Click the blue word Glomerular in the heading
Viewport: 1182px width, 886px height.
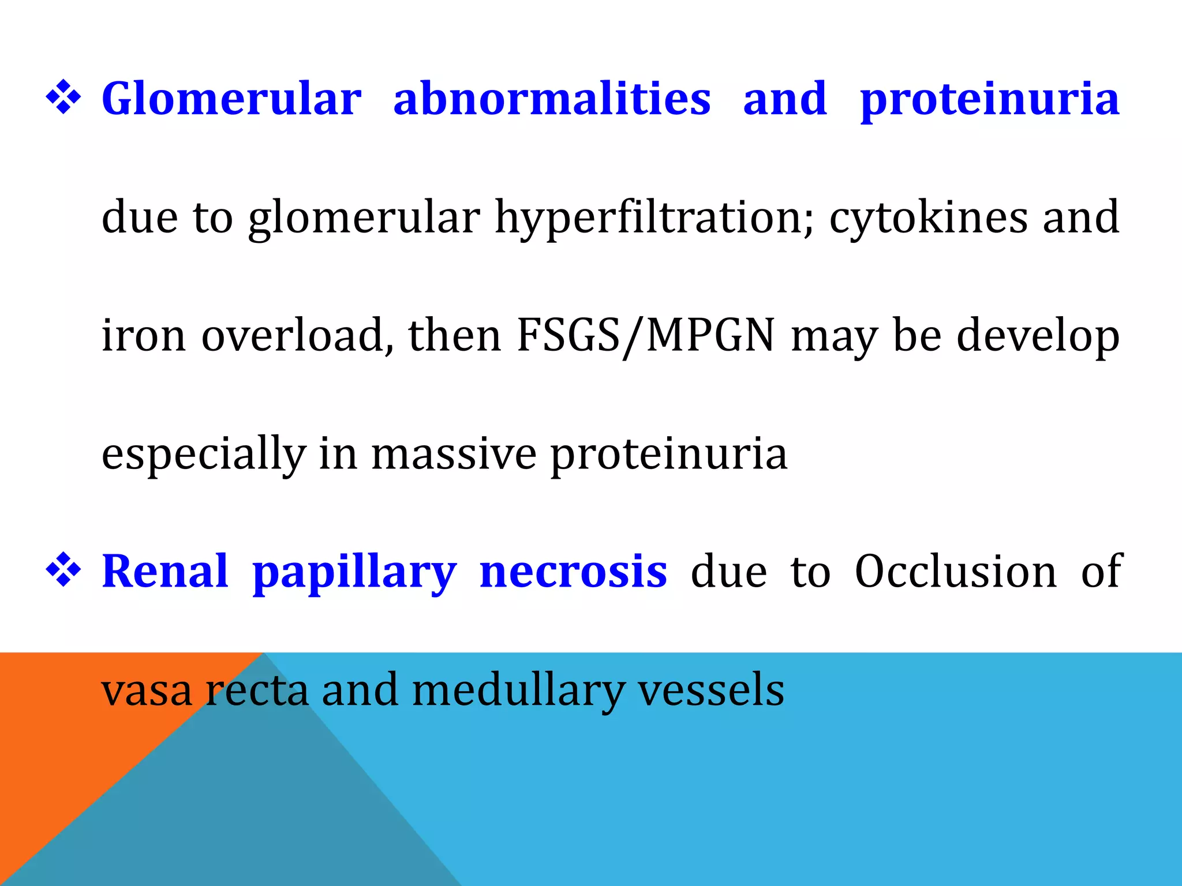[231, 99]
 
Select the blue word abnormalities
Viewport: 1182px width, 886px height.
[552, 99]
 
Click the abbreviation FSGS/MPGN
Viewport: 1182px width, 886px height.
[645, 336]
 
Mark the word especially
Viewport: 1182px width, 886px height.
[204, 455]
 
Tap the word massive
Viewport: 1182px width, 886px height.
[454, 454]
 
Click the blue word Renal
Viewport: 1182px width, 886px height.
[165, 572]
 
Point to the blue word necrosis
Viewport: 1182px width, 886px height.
[573, 572]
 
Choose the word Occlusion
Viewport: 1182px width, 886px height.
[955, 572]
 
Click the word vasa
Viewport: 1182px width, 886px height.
[147, 690]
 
